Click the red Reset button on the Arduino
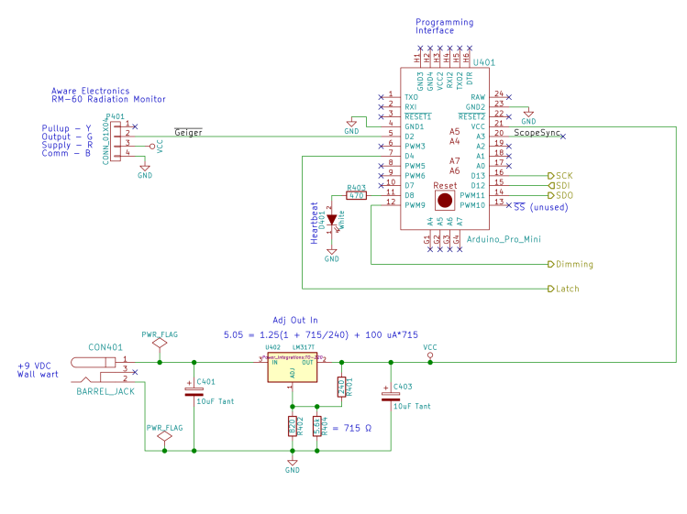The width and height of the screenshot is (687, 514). (444, 200)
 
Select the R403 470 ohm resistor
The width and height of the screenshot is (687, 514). (356, 194)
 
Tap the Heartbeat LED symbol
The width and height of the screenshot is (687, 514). (332, 221)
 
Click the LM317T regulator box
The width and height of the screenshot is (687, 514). (291, 371)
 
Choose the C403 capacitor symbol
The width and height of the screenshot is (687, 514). (386, 396)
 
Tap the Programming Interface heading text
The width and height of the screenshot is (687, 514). (445, 26)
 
